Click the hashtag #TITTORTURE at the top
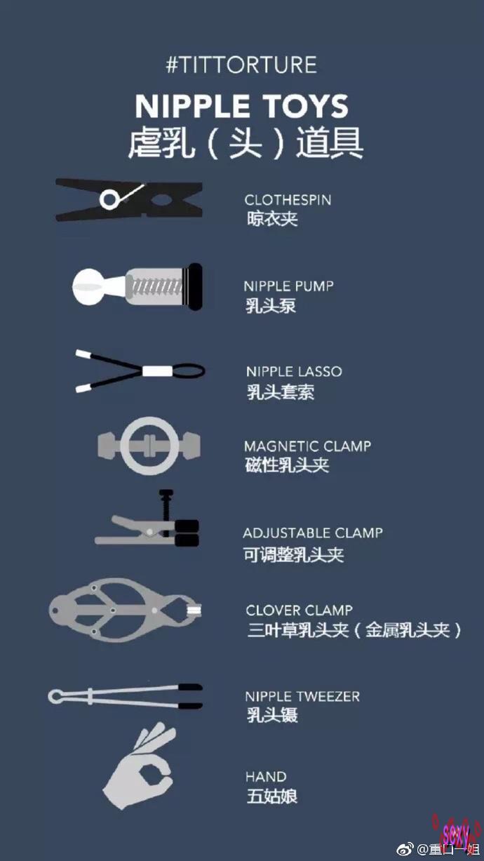[241, 65]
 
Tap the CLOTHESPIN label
[288, 200]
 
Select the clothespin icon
[129, 199]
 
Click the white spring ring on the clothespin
[109, 199]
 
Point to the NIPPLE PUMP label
[288, 286]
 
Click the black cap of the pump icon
[194, 286]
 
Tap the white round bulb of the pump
[88, 287]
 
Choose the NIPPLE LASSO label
[294, 371]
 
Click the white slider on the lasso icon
[158, 371]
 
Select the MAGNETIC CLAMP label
[307, 446]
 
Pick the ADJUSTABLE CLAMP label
[313, 533]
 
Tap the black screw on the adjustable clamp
[166, 512]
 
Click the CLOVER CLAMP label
[300, 610]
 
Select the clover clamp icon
[126, 610]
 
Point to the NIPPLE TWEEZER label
[302, 696]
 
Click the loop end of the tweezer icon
[56, 696]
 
